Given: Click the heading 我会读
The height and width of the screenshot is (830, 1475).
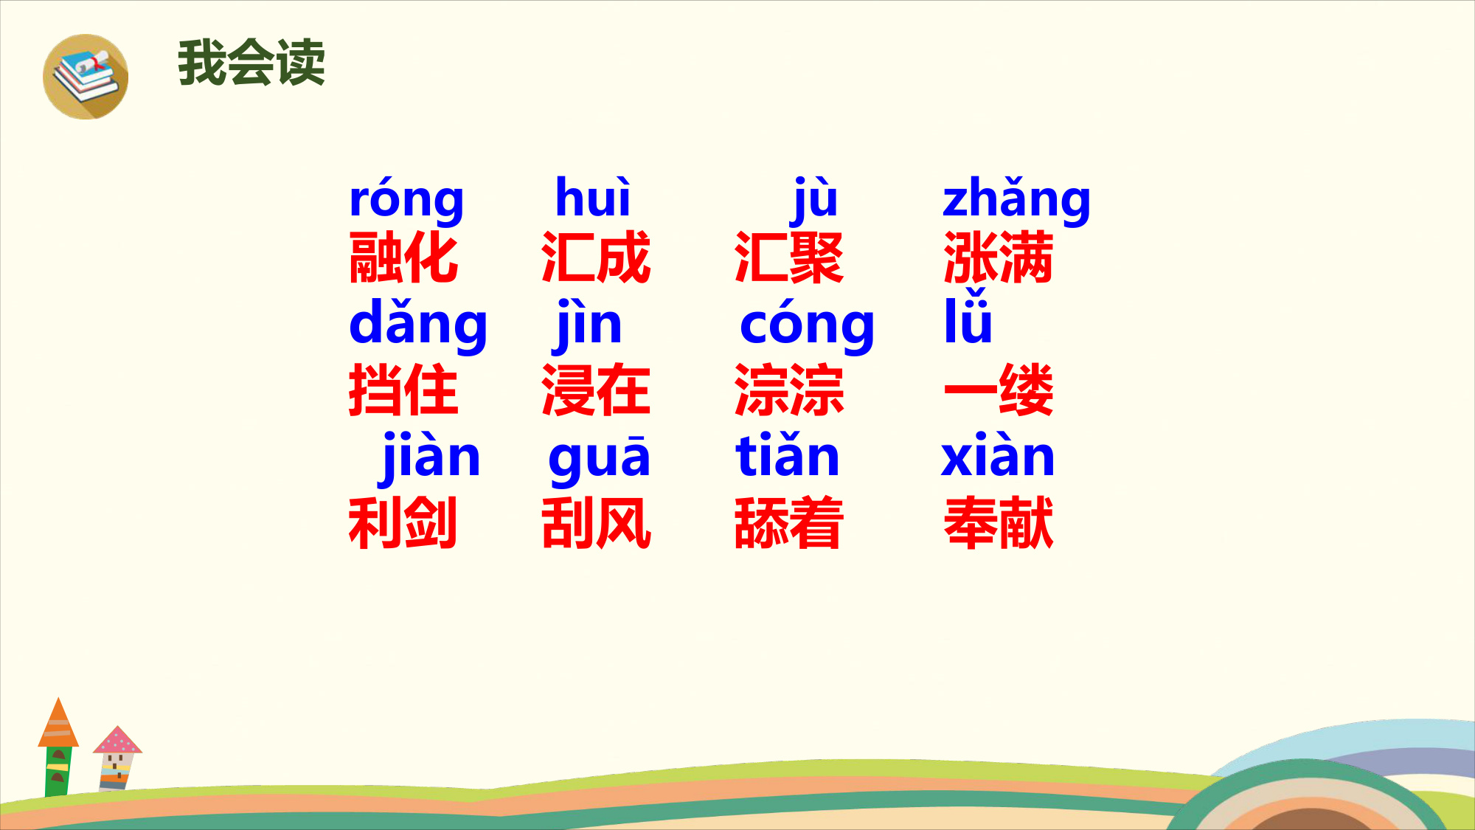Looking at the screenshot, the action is (x=251, y=63).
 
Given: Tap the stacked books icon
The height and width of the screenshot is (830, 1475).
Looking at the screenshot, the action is (x=86, y=77).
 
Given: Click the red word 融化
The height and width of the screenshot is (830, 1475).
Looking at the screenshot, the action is (x=403, y=257).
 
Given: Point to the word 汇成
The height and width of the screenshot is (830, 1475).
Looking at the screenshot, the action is (x=596, y=257).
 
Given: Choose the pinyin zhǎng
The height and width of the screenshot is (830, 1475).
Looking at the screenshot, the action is (x=1016, y=200).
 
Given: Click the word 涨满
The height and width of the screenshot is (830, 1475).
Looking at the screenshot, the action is (x=999, y=257).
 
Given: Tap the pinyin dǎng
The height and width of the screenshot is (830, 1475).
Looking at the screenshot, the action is (x=418, y=325).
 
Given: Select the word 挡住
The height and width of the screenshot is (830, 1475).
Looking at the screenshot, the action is (x=403, y=390).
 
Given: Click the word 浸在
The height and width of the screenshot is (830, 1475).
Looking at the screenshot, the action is (x=596, y=390).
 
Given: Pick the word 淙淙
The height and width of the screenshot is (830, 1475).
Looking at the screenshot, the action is (x=789, y=390).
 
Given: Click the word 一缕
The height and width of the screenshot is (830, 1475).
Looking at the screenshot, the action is (x=999, y=390).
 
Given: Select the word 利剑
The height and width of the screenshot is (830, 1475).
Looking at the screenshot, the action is (x=403, y=522).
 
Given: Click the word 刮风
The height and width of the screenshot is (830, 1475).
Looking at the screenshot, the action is (x=596, y=522).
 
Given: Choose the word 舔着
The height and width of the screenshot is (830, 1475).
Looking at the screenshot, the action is (x=789, y=522).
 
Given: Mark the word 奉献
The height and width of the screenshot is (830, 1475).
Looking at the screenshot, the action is (x=999, y=522).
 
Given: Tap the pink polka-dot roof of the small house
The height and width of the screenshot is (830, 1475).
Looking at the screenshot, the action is (x=117, y=740).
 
